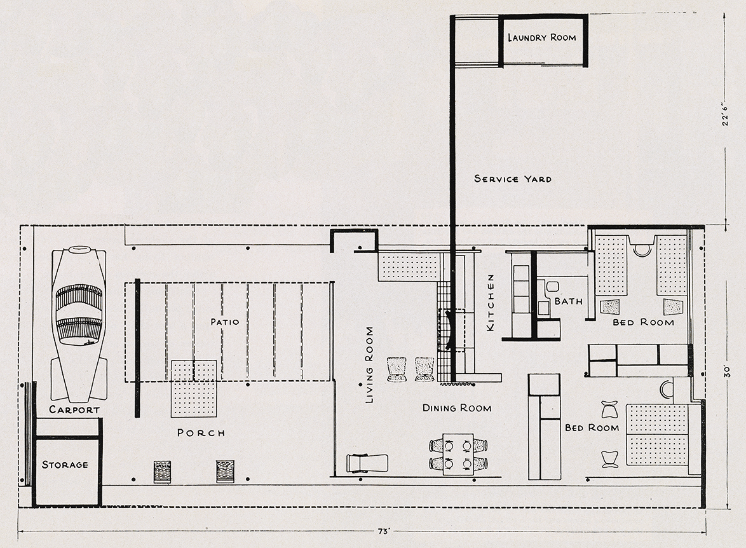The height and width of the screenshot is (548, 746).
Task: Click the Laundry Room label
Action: tap(541, 38)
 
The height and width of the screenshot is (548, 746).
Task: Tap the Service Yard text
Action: tap(513, 179)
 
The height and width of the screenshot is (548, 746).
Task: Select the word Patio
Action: tap(224, 322)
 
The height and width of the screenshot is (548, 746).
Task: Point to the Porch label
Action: tap(201, 433)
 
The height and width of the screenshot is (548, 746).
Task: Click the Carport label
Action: tap(74, 409)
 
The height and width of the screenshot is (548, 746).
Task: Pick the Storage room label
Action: tap(65, 465)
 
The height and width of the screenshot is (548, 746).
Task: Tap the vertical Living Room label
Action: tap(370, 365)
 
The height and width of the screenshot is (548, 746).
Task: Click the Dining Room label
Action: tap(457, 408)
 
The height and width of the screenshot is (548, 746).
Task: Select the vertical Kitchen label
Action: tap(491, 303)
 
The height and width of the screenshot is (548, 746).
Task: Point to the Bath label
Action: tap(569, 301)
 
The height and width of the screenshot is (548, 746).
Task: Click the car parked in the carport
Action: tap(79, 324)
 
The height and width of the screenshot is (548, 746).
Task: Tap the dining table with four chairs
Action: tap(458, 454)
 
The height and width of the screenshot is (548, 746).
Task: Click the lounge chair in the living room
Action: tap(367, 463)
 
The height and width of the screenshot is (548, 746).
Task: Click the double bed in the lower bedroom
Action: tap(657, 435)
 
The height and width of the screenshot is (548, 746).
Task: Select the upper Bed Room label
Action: tap(643, 322)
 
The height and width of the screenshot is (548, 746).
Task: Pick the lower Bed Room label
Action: tap(592, 428)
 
